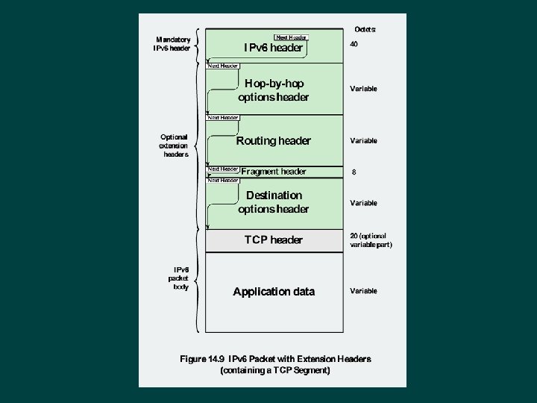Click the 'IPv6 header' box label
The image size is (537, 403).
tap(273, 48)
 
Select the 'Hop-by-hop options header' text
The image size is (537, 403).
tap(273, 90)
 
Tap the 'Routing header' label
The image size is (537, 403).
tap(273, 141)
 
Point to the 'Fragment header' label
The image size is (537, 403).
tap(274, 172)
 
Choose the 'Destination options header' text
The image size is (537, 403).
tap(273, 202)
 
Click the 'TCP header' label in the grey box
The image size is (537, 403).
tap(274, 240)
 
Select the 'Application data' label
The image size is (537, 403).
tap(274, 292)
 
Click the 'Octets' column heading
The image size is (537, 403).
tap(365, 29)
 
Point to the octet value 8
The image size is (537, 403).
tap(354, 172)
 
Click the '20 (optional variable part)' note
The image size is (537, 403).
tap(371, 240)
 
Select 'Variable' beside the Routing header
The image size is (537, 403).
tap(363, 141)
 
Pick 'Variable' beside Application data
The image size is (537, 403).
tap(363, 291)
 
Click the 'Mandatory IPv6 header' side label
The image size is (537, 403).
tap(172, 44)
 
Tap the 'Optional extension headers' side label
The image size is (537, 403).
tap(173, 146)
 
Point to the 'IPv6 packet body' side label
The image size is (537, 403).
tap(181, 278)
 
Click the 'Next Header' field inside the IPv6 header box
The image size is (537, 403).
tap(292, 37)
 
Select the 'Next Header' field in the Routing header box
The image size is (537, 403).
tap(223, 118)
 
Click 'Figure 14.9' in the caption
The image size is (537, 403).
tap(203, 359)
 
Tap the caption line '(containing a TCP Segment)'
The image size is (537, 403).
tap(275, 370)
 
